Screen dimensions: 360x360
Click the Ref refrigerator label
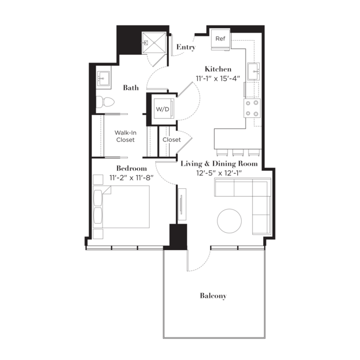coord(220,38)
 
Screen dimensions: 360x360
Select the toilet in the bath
coord(105,102)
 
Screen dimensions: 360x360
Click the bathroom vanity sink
coord(103,78)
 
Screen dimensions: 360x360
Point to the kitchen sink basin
coord(254,72)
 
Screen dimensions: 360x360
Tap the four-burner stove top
coord(252,108)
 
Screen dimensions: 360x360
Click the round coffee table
coord(229,221)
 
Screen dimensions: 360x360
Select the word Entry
coord(186,47)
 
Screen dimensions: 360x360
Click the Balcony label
coord(213,295)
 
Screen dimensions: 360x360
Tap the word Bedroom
coord(132,168)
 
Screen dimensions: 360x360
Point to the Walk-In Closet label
coord(126,136)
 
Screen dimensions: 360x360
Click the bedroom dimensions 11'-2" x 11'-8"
coord(131,177)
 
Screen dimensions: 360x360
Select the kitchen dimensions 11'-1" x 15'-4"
coord(218,78)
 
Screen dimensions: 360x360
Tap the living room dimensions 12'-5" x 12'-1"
coord(219,173)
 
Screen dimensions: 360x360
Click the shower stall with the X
coord(154,43)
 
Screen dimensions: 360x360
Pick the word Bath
coord(131,88)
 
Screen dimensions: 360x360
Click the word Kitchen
coord(218,69)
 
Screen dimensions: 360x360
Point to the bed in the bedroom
coord(121,207)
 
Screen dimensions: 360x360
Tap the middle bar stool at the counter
coord(238,152)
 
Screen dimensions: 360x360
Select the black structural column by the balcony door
coord(178,237)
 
